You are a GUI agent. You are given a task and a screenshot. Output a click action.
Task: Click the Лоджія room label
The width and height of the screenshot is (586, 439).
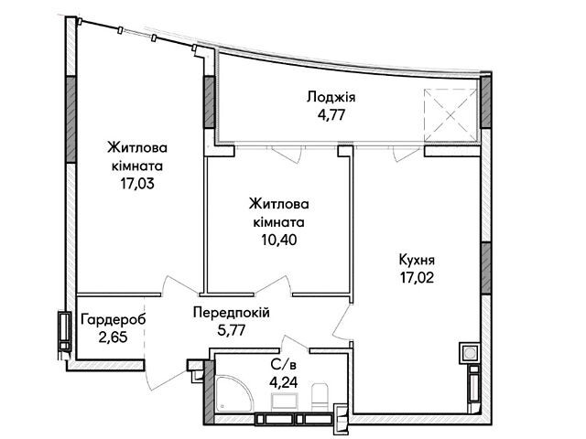(x=331, y=98)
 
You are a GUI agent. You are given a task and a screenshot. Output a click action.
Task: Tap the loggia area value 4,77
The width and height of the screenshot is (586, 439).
(x=331, y=114)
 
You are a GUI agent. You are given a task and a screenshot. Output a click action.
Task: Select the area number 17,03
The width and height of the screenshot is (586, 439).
(x=137, y=183)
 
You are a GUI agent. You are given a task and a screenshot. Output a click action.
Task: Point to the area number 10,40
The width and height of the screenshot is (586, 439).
(x=279, y=240)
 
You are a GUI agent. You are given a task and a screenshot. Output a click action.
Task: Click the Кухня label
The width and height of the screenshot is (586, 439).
(x=417, y=260)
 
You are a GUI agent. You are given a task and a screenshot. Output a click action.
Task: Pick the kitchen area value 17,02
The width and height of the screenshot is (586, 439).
(x=417, y=277)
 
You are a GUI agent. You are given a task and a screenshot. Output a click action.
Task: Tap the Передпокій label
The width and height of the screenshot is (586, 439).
(x=232, y=313)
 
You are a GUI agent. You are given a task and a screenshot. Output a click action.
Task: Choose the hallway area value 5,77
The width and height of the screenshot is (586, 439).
(x=232, y=330)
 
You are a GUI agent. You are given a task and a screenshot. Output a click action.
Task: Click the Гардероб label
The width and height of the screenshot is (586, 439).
(x=114, y=320)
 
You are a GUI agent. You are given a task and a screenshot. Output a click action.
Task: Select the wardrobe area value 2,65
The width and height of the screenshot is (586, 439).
(x=114, y=337)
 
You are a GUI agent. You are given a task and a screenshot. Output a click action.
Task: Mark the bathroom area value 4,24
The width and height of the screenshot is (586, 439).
(x=284, y=382)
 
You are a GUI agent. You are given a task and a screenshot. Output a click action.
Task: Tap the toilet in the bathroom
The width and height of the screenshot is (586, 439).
(x=320, y=397)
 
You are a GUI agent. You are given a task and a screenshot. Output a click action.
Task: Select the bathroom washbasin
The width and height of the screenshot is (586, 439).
(x=285, y=403)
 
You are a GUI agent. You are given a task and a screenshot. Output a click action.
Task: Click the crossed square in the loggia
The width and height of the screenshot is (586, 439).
(x=451, y=116)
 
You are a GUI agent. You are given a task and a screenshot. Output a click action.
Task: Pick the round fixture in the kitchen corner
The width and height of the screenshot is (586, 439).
(x=469, y=352)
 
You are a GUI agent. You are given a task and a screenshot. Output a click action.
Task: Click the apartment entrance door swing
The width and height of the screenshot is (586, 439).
(x=165, y=377)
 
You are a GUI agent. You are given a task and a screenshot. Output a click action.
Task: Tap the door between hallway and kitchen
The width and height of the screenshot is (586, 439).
(x=342, y=321)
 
